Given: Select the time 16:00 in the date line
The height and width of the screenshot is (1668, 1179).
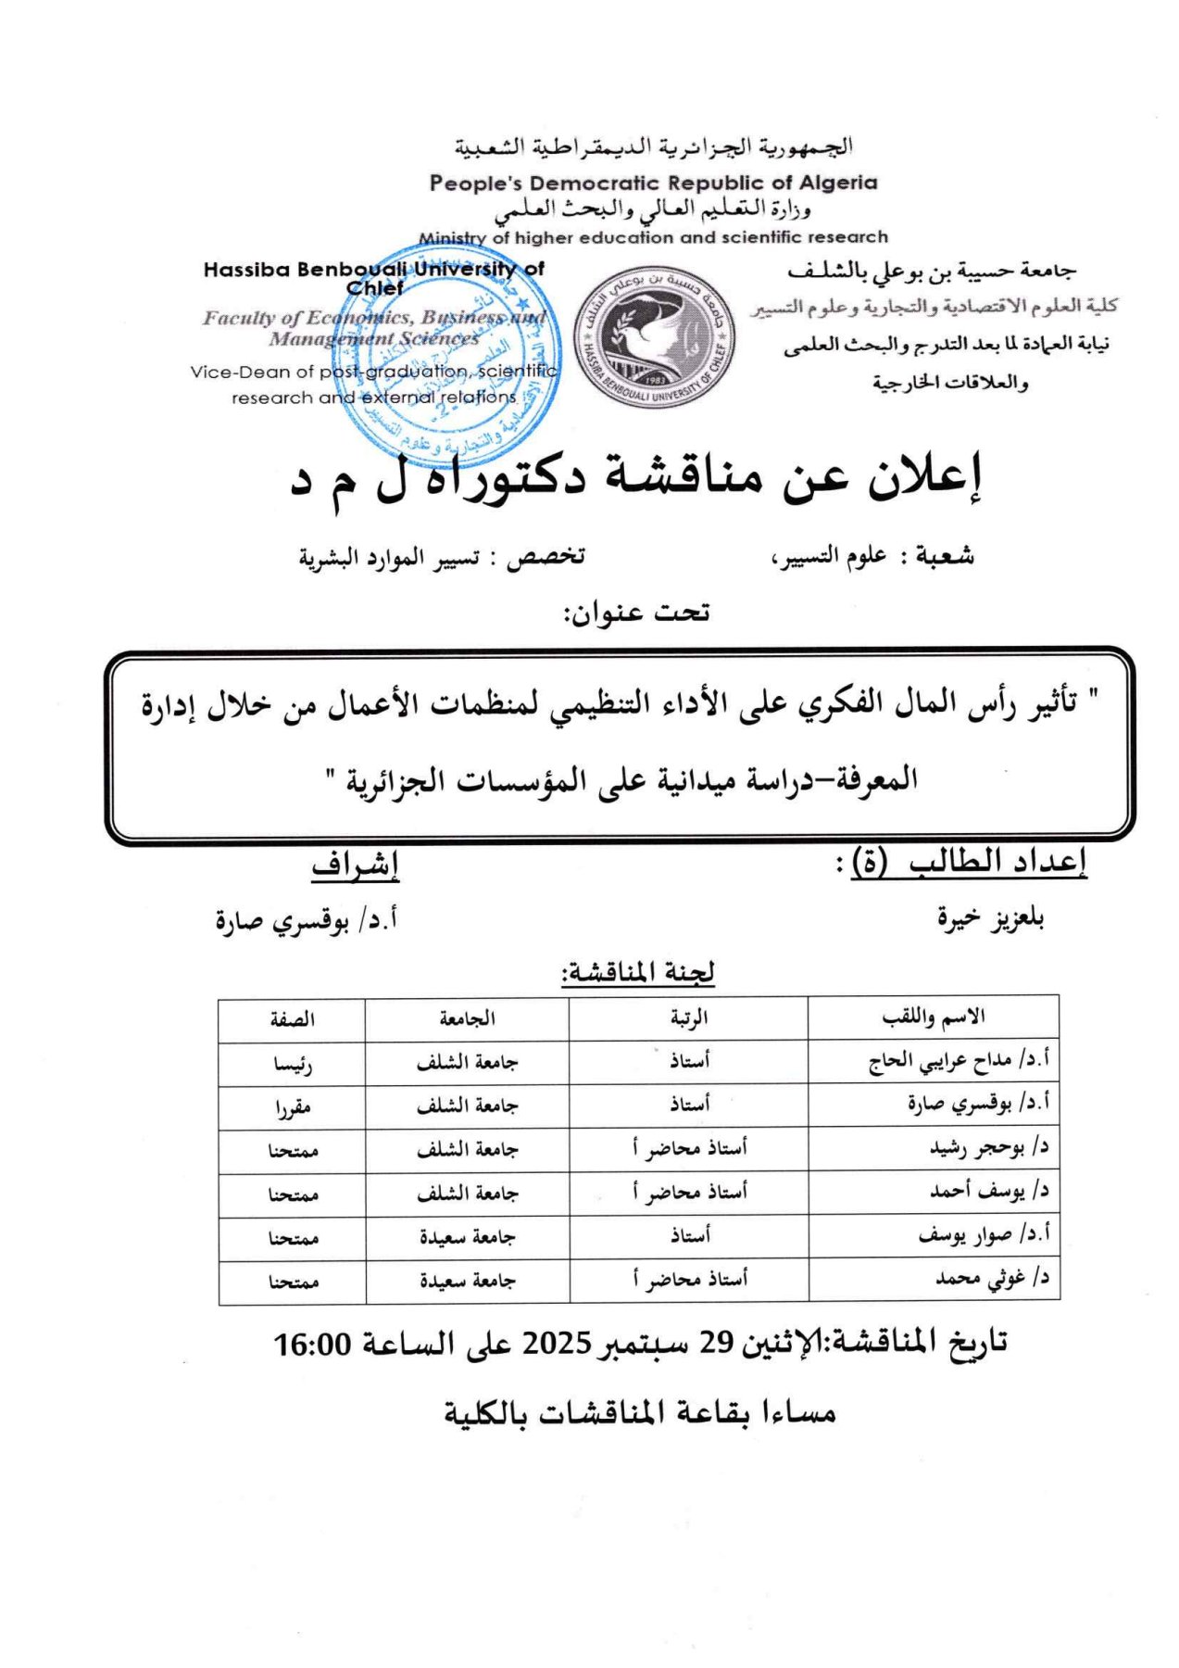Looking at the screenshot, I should (312, 1343).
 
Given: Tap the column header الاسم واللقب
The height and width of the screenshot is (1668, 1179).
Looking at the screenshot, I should (933, 1017).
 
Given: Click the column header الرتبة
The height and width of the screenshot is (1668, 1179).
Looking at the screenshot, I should (689, 1017).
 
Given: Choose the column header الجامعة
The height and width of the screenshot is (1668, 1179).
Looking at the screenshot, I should (467, 1018).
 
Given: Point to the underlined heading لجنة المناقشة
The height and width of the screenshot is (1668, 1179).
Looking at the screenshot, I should (638, 973).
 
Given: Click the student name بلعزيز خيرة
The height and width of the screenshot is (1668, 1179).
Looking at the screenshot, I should (990, 918).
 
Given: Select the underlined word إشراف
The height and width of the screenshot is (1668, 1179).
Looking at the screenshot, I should (355, 866).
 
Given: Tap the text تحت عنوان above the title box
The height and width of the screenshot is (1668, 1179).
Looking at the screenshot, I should (636, 613).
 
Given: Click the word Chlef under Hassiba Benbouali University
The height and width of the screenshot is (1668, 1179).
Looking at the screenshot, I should (374, 288).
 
